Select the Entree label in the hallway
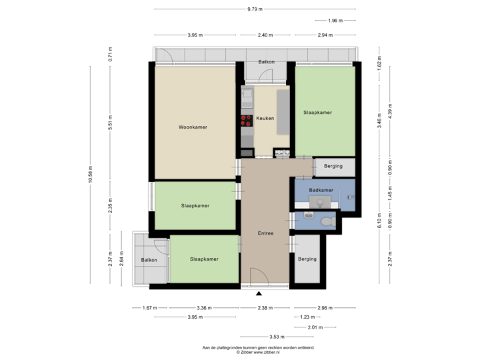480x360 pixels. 266,233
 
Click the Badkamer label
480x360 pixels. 321,191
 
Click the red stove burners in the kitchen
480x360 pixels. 245,120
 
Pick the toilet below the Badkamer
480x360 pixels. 327,221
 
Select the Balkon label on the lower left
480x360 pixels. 149,260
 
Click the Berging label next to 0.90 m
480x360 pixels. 333,166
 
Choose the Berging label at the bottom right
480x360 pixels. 307,259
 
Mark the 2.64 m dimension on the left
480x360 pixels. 121,258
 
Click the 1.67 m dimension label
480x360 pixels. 149,307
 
